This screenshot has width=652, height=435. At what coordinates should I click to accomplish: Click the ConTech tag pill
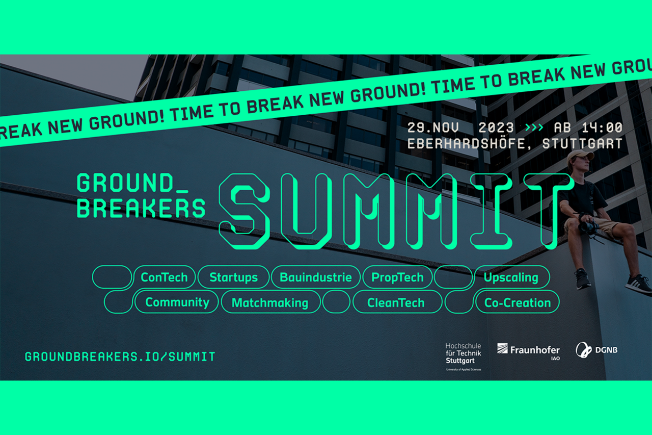point(165,277)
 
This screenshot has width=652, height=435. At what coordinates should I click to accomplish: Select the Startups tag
point(233,277)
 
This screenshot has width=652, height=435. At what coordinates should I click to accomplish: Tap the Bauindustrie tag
point(316,277)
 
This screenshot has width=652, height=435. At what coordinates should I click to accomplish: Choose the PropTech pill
point(397,277)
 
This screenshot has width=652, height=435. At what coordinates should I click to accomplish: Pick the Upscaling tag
point(511,277)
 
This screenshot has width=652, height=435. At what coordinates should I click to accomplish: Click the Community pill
point(177,302)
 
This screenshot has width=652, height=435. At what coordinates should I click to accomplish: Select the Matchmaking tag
point(270,302)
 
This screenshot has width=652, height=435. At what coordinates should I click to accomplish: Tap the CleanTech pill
point(396,302)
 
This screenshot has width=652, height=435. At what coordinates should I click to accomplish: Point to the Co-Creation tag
point(518,302)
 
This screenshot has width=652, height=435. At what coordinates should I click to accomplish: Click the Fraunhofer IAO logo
point(528,351)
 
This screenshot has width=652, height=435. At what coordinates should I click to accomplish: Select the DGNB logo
point(596,350)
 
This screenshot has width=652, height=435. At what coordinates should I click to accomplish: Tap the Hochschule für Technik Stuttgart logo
point(464,356)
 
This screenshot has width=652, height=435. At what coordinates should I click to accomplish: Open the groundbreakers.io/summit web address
point(120,356)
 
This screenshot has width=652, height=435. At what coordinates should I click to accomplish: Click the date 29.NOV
point(433,127)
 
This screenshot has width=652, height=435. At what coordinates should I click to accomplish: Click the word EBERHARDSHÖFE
point(467,144)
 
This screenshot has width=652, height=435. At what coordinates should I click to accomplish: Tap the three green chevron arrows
point(534,127)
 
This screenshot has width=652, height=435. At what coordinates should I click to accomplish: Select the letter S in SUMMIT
point(244,211)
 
